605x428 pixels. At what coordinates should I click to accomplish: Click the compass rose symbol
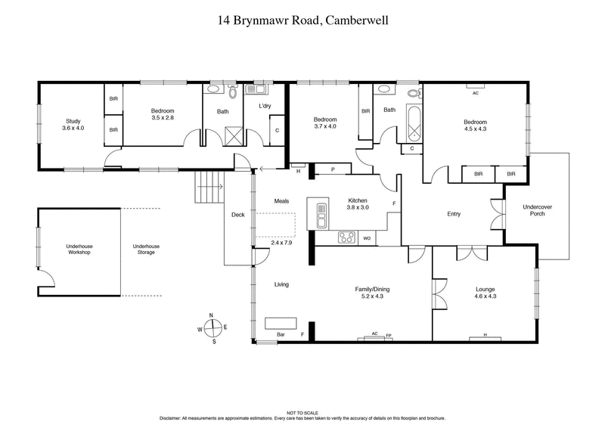213,327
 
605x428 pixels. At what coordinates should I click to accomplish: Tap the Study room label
72,124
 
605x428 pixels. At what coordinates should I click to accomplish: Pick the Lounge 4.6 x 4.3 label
485,293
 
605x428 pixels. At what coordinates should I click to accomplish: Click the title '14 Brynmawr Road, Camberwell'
302,23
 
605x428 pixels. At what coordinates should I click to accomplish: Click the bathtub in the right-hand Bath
413,126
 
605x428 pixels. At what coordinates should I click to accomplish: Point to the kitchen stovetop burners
346,237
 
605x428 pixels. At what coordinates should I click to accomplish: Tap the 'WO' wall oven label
367,238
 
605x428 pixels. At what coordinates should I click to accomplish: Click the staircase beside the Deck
208,185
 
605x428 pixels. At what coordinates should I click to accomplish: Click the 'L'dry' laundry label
265,105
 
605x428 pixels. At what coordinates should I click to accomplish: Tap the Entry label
454,214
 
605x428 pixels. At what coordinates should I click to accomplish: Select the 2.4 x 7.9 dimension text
282,243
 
